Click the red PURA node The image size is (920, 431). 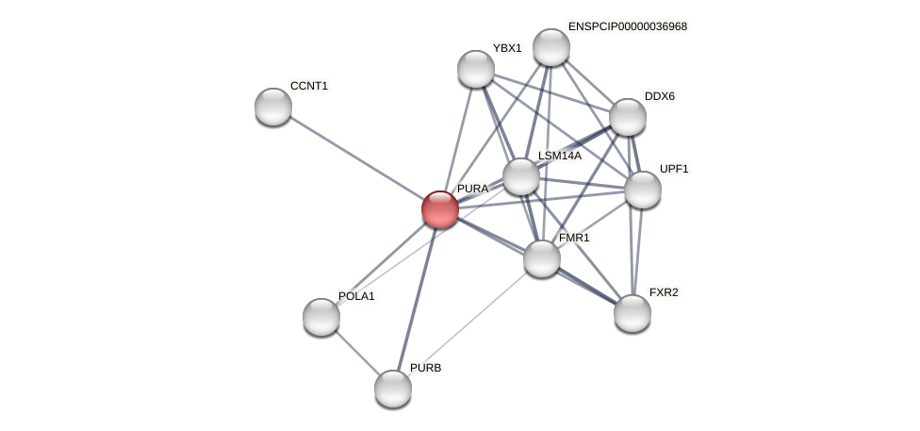point(440,209)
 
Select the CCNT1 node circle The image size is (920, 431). point(273,107)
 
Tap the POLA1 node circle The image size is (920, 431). point(321,317)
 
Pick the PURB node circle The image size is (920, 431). point(393,389)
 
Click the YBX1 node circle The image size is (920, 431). point(476,69)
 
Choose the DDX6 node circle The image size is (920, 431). point(628,117)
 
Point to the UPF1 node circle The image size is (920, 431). point(643,190)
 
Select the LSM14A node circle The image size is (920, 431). point(521,176)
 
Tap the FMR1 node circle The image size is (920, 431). point(542,258)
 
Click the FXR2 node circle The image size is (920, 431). point(632,313)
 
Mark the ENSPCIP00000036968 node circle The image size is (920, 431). point(551,47)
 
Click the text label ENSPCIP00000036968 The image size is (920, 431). point(627,26)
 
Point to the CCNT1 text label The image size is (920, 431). point(309,86)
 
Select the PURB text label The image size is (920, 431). point(425,368)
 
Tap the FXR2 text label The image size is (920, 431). point(664,292)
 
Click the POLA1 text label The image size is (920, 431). point(356,296)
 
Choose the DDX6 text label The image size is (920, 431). point(660,96)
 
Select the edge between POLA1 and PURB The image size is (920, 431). point(357,353)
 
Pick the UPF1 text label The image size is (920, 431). point(674,169)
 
